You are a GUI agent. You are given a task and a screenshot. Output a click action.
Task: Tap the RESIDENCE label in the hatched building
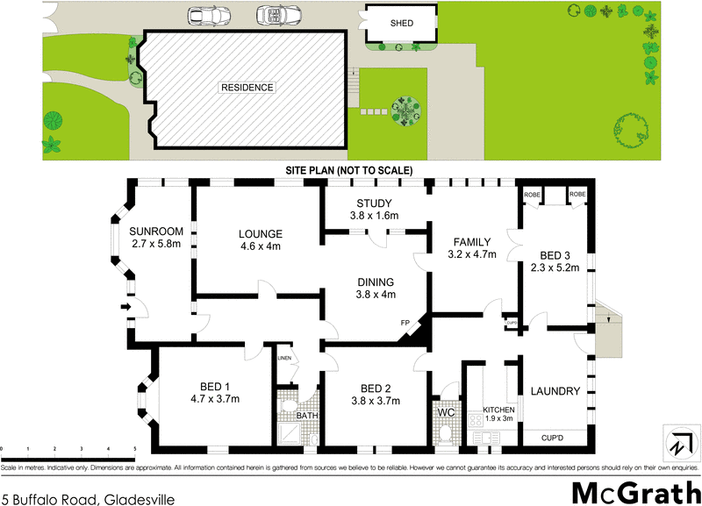click(x=247, y=88)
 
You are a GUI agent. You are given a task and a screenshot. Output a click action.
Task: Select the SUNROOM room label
click(x=155, y=231)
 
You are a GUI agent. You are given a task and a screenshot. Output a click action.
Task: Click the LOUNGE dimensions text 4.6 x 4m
click(x=261, y=248)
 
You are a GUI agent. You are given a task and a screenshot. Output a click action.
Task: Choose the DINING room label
click(x=375, y=282)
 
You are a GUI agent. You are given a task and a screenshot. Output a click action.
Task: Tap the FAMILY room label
click(x=472, y=242)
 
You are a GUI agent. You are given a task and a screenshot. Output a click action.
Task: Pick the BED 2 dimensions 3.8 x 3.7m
click(x=375, y=401)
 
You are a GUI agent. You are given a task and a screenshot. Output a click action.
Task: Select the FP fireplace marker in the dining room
click(x=405, y=322)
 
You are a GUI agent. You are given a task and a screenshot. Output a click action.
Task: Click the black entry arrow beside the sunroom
click(x=125, y=306)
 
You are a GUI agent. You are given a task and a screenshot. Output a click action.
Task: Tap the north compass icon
click(x=677, y=441)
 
